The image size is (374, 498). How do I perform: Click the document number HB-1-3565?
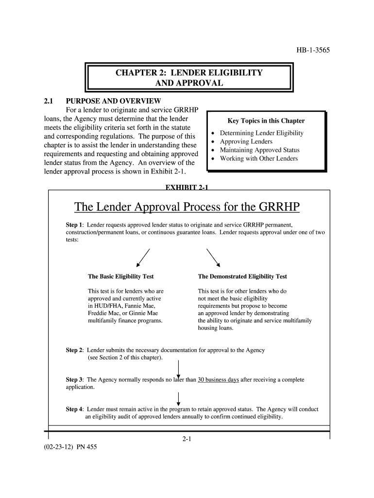coord(313,50)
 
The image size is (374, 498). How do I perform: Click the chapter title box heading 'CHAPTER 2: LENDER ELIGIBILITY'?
coord(188,73)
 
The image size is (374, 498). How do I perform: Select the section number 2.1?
coord(48,101)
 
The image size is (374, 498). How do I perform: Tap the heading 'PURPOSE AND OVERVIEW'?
coord(113,101)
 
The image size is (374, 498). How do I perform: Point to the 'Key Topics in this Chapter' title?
coord(266,121)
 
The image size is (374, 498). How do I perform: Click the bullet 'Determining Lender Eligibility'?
coord(261,133)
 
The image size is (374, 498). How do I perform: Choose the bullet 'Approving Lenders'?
coord(246,142)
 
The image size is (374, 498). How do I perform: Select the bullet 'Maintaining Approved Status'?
coord(259,150)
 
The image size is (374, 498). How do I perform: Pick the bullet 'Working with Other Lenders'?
coord(259,159)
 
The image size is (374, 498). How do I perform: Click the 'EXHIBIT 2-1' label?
coord(187,187)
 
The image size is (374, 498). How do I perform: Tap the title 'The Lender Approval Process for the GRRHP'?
coord(187,208)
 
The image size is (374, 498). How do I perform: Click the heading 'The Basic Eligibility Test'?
coord(120,276)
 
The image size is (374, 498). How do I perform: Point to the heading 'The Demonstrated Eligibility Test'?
coord(242,276)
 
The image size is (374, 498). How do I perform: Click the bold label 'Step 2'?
coord(74,350)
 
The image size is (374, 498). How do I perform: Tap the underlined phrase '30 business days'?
coord(218,379)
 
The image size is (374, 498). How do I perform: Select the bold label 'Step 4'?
coord(74,409)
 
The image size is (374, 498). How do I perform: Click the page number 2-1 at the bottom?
coord(187,439)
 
